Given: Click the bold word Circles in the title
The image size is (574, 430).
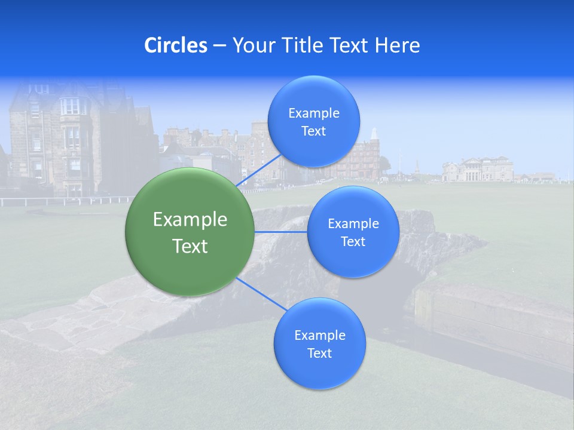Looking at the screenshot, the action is click(x=176, y=45).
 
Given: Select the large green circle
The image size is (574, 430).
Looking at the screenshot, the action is click(x=190, y=232).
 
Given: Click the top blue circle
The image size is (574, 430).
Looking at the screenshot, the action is click(x=313, y=121).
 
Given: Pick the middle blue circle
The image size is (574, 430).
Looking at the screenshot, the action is click(x=353, y=232).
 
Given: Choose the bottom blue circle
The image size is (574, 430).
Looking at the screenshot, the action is click(x=319, y=343).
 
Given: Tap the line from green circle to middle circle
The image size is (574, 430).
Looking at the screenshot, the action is click(x=280, y=232).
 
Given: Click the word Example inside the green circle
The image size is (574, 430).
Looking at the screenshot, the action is click(x=190, y=219).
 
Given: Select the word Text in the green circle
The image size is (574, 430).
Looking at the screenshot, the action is click(x=190, y=246).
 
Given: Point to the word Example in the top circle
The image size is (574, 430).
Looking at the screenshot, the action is click(x=313, y=113).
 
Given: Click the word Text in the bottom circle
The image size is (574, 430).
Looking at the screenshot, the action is click(x=319, y=353).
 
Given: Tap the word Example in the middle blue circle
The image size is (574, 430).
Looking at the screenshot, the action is click(x=353, y=223).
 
